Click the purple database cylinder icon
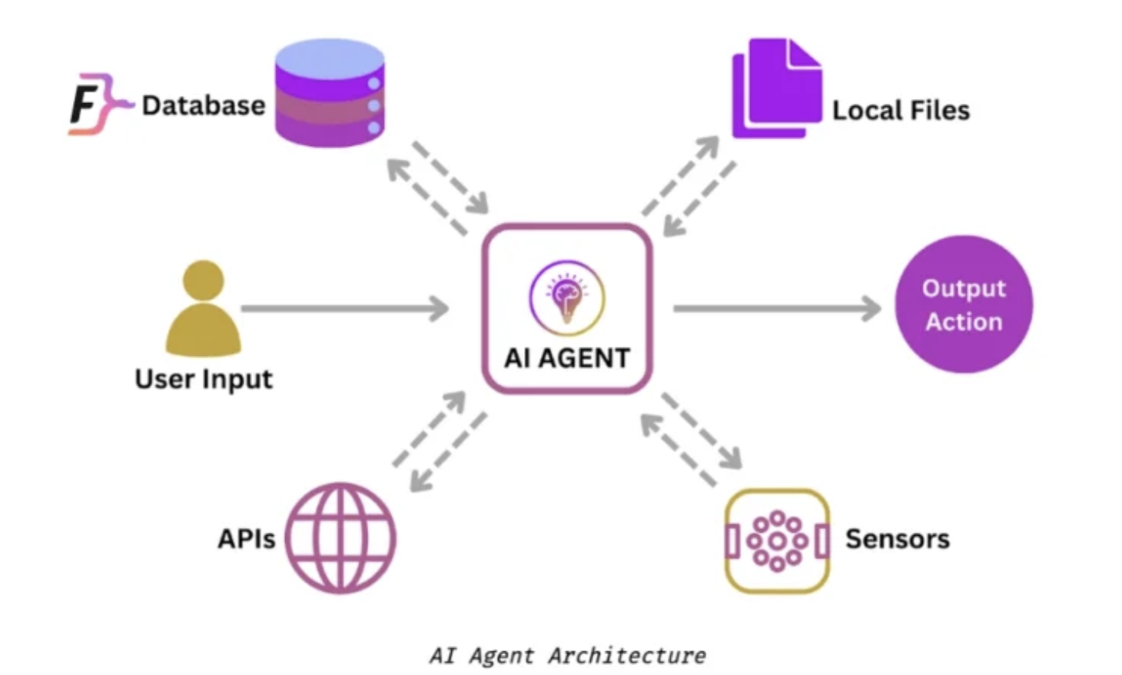[x=330, y=93]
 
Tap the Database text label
[x=204, y=105]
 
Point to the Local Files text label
[x=901, y=111]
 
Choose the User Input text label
[x=204, y=379]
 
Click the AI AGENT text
[x=567, y=358]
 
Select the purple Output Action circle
[x=964, y=304]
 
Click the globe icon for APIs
[x=340, y=537]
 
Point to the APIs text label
[x=246, y=539]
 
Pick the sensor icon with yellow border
[x=777, y=540]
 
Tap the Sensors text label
[x=898, y=539]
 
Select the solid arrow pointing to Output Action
[x=776, y=309]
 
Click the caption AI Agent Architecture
[x=567, y=656]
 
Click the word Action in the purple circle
[x=964, y=321]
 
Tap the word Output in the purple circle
[x=964, y=288]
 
